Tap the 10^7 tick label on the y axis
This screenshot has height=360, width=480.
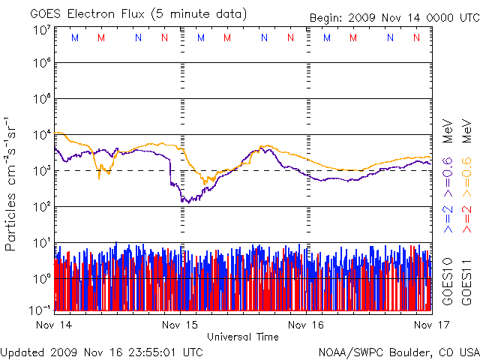[40, 31]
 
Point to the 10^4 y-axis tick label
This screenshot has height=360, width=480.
[40, 134]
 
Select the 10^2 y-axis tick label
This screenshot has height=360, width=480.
[40, 206]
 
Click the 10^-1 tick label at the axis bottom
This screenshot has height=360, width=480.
[40, 309]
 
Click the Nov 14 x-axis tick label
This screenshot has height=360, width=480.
[54, 325]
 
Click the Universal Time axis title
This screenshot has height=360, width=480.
[243, 337]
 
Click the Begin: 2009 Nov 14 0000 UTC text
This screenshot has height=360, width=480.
[393, 16]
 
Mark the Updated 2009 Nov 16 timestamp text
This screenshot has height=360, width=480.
[101, 351]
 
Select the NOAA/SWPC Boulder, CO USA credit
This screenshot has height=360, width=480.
[398, 351]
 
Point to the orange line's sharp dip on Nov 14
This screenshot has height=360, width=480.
[99, 177]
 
